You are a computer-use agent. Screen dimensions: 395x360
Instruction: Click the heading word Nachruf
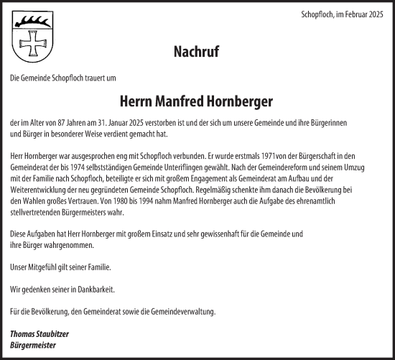click(195, 52)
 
